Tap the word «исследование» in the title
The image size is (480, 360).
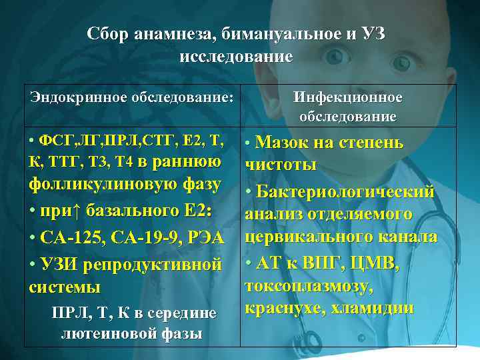(x=236, y=56)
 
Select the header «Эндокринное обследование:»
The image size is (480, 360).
(x=131, y=97)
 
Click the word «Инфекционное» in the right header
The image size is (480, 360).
(x=348, y=98)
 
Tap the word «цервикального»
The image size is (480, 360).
(x=309, y=237)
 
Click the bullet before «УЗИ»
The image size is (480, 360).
(x=33, y=265)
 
